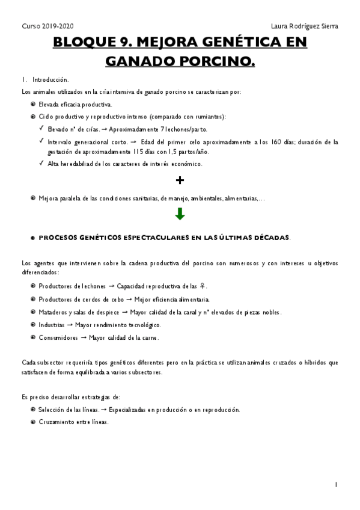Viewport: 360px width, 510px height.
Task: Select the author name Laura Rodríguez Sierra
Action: (305, 26)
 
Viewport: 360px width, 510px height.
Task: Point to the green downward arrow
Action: (180, 214)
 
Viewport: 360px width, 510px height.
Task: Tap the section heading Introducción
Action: (50, 79)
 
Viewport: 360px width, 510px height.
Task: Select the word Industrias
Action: (52, 325)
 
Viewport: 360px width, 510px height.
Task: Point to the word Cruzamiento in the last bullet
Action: (56, 422)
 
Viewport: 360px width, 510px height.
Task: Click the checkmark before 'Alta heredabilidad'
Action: (40, 163)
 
